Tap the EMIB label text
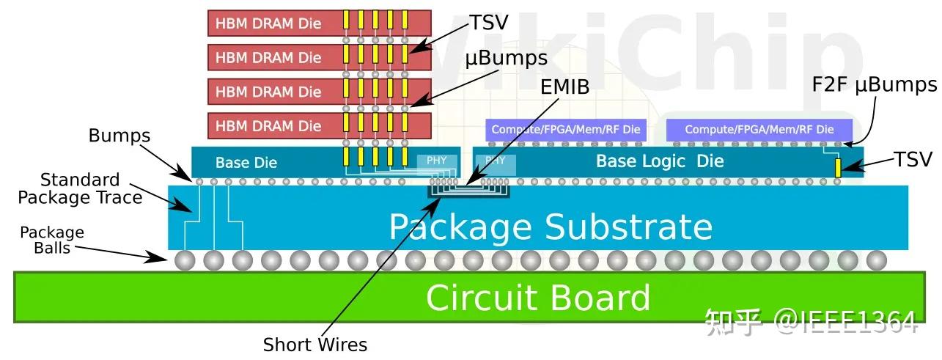pos(565,88)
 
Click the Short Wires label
pos(315,344)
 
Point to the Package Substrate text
pos(550,227)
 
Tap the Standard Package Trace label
pos(80,188)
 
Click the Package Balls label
pos(51,240)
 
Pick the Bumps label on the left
pos(119,136)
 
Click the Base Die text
pos(246,162)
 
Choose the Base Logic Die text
pos(659,161)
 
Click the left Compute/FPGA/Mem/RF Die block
pos(566,130)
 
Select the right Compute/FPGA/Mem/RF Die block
pos(759,130)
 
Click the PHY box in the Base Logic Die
pos(496,161)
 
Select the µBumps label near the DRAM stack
pos(507,57)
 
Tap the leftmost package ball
pos(185,260)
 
